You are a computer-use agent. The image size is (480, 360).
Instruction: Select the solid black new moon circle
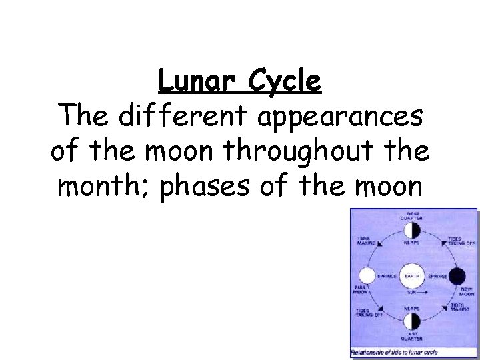[x=457, y=275]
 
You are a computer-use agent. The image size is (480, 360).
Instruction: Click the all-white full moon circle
[x=366, y=275]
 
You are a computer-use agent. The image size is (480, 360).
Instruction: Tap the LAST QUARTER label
[x=411, y=337]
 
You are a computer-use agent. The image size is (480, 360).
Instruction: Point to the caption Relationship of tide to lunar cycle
[x=390, y=351]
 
